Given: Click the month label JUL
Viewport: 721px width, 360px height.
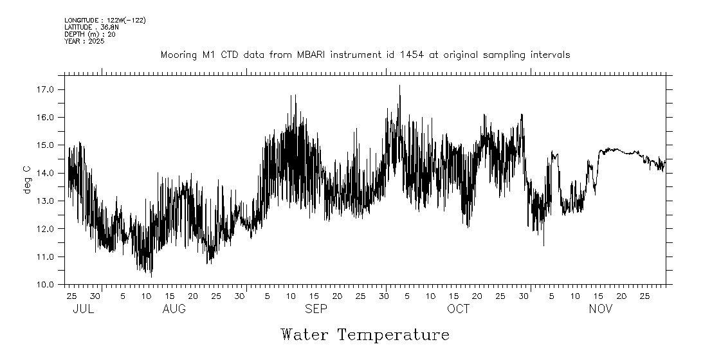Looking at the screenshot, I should (83, 309).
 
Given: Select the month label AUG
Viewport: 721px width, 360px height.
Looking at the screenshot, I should (174, 309).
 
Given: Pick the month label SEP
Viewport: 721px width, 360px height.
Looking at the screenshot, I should (316, 309).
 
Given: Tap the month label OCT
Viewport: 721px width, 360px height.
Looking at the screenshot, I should (459, 309).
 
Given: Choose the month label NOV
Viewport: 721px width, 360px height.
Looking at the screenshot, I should (601, 309).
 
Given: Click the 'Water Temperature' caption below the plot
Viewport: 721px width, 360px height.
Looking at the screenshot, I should (365, 335).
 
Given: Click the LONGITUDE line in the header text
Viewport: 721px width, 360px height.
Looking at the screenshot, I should (105, 21).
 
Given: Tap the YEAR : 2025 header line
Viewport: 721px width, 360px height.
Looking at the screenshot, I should (84, 41).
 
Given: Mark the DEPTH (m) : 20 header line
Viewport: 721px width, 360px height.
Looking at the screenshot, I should (89, 34).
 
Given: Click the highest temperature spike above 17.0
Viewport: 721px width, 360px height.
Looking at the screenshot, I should (399, 85).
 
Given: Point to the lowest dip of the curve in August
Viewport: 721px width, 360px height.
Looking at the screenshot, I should (151, 276).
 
